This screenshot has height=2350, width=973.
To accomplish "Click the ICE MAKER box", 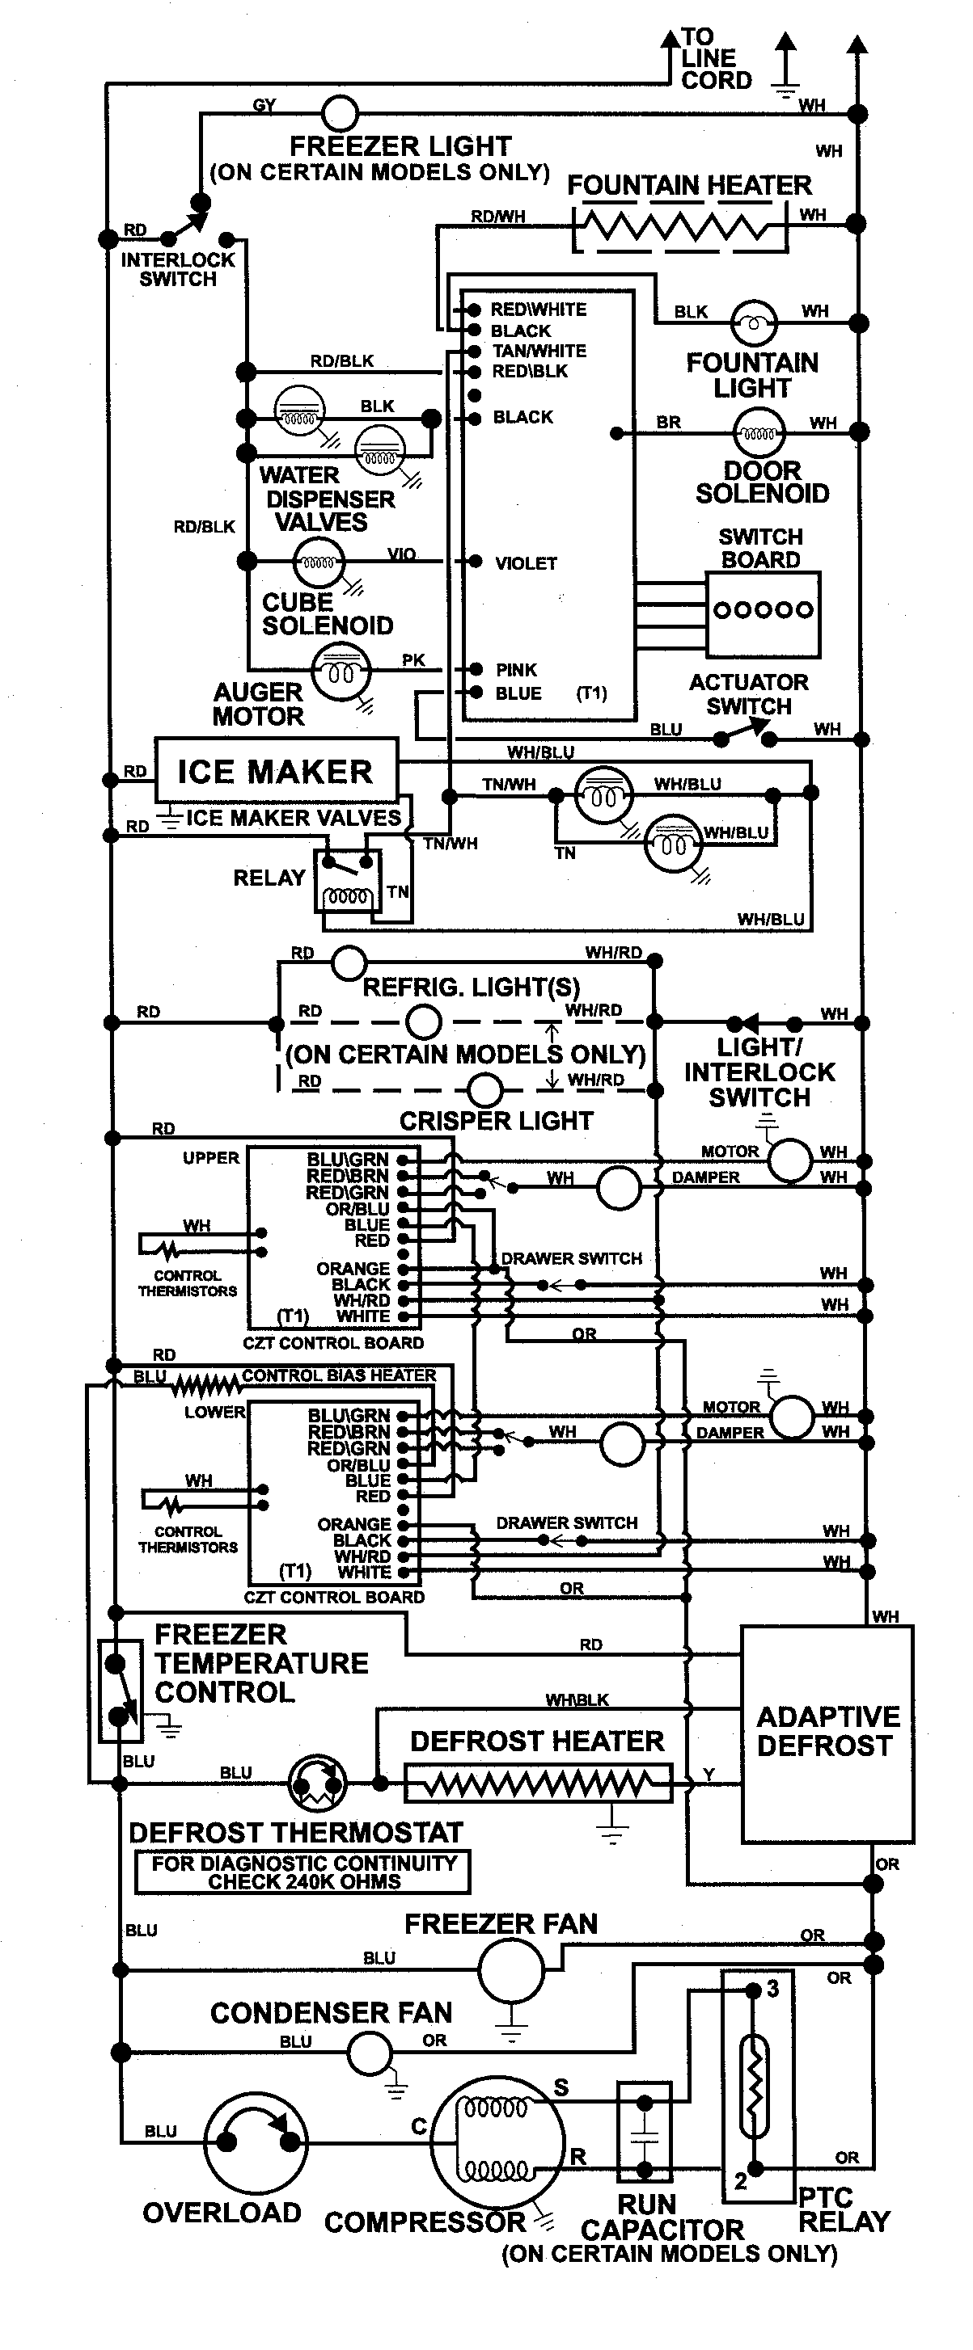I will pos(276,771).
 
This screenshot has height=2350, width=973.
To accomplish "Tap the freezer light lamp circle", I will pos(341,115).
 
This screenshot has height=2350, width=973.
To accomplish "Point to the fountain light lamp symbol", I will pos(754,321).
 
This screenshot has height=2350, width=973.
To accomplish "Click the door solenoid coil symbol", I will pos(759,433).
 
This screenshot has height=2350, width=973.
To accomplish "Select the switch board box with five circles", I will pos(763,614).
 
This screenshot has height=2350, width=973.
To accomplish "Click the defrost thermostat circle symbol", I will pos(317,1783).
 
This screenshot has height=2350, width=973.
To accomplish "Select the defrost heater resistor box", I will pos(538,1783).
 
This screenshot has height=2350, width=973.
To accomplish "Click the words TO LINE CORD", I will pos(716,58).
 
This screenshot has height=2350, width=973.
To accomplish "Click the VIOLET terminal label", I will pos(526,564).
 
